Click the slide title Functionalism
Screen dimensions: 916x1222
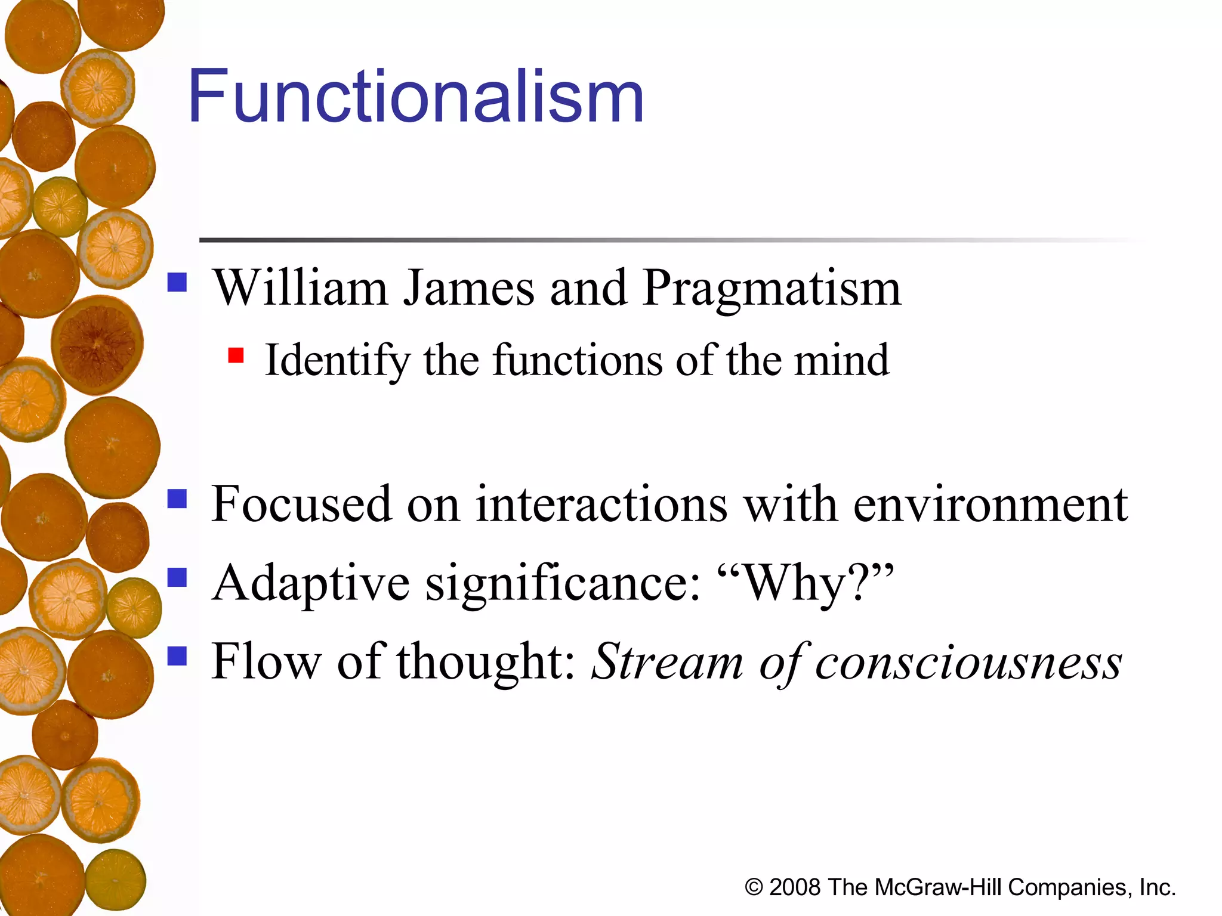tap(416, 97)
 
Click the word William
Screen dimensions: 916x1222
tap(301, 289)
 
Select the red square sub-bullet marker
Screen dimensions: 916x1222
tap(236, 356)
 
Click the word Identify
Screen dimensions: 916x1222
tap(337, 361)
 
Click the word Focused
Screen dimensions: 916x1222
tap(301, 505)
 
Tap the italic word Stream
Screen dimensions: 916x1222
tap(667, 662)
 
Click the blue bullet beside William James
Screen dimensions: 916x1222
tap(177, 282)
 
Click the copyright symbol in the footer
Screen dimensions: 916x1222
tap(754, 887)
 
